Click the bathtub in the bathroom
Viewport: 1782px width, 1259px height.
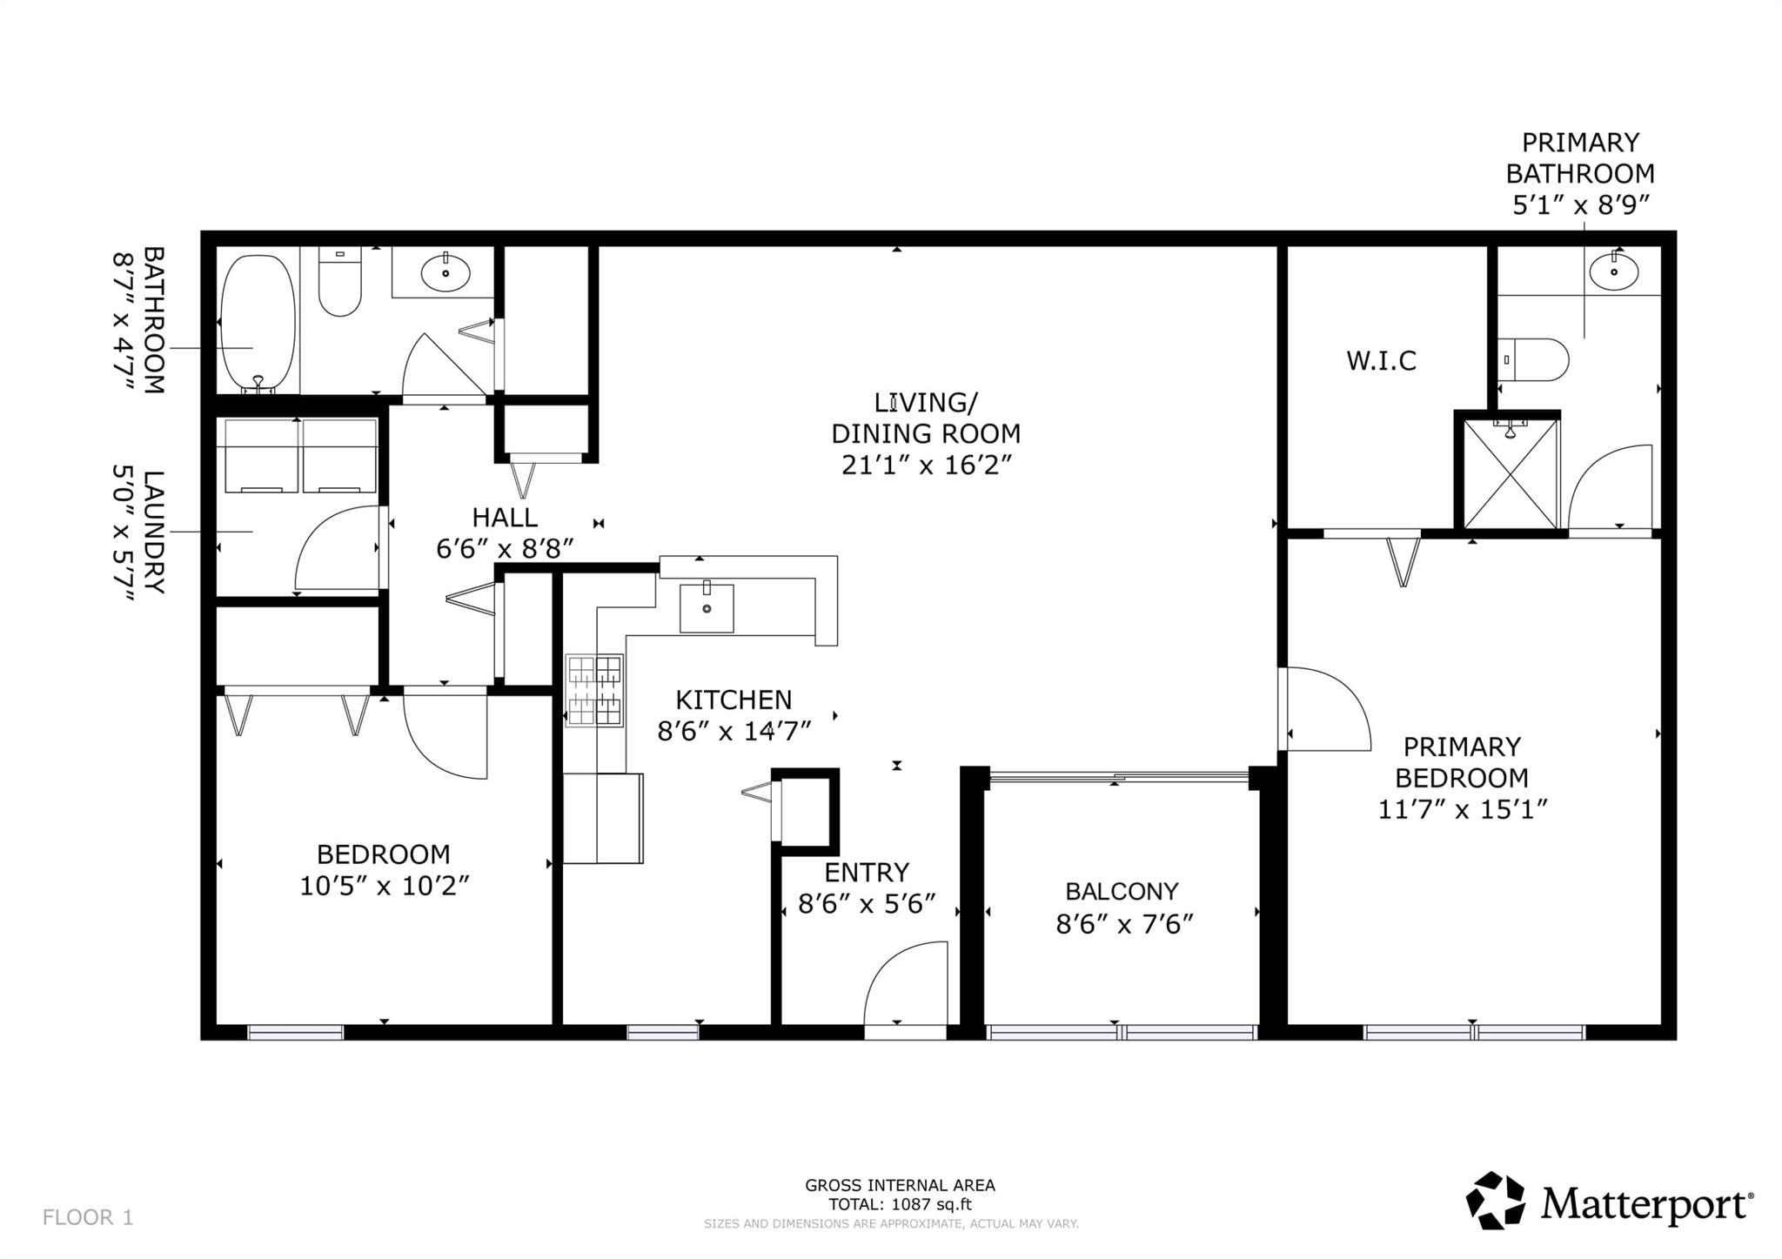click(258, 322)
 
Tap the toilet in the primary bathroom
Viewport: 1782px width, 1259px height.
click(1537, 359)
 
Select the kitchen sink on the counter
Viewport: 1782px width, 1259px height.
click(706, 607)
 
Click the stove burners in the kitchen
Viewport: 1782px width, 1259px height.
click(595, 690)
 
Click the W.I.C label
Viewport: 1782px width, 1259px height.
click(1381, 360)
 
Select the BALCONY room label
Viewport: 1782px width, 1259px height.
click(1122, 891)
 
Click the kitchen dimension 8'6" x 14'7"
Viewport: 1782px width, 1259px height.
click(734, 731)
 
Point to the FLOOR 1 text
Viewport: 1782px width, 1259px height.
click(88, 1217)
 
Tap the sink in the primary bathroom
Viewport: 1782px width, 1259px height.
click(1613, 271)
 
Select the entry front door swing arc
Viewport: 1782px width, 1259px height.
click(905, 983)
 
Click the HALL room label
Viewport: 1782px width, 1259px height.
click(505, 518)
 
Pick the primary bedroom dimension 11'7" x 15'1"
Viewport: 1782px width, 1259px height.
click(1462, 809)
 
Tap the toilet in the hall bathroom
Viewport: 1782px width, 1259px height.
click(339, 283)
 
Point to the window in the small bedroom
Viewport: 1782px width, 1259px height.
click(296, 1032)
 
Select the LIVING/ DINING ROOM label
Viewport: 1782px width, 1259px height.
click(925, 418)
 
